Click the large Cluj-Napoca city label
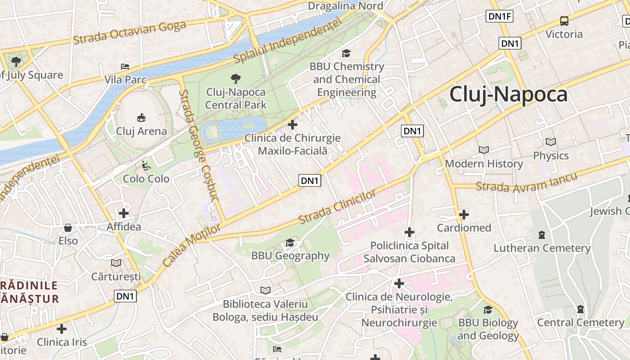[508, 94]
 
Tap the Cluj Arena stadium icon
[141, 117]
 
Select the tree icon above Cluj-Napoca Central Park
[235, 79]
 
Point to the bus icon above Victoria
[564, 21]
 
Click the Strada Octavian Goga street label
[129, 32]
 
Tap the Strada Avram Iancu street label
[526, 182]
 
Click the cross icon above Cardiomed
[464, 214]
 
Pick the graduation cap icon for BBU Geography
[290, 243]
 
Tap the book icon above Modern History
[484, 150]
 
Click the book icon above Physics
[550, 142]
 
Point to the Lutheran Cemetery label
[542, 248]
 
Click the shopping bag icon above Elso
[68, 227]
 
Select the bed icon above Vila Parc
[125, 67]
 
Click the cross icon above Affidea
[124, 213]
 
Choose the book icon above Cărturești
[116, 263]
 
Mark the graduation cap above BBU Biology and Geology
[488, 310]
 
